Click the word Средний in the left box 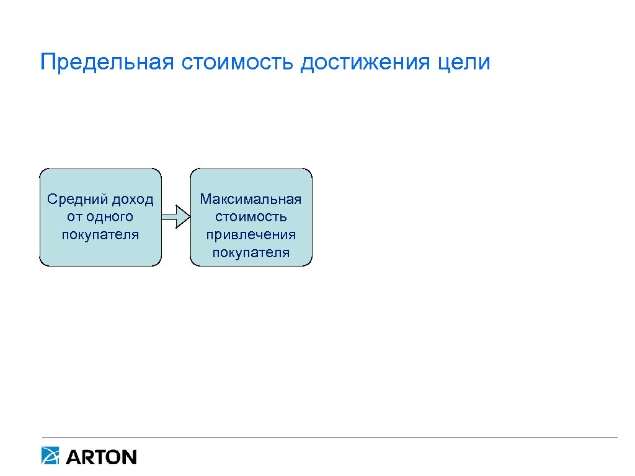pyautogui.click(x=76, y=200)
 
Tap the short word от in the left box pyautogui.click(x=73, y=218)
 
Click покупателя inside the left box pyautogui.click(x=100, y=235)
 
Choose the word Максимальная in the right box pyautogui.click(x=251, y=200)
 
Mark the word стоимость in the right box pyautogui.click(x=251, y=218)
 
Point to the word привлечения pyautogui.click(x=251, y=235)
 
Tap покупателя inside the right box pyautogui.click(x=251, y=253)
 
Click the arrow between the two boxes pyautogui.click(x=175, y=218)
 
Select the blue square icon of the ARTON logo pyautogui.click(x=50, y=456)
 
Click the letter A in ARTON pyautogui.click(x=73, y=457)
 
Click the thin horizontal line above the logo pyautogui.click(x=329, y=438)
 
